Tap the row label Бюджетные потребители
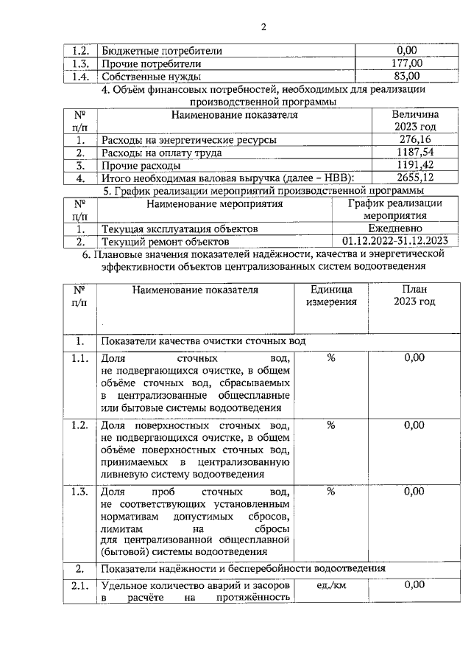[x=161, y=52]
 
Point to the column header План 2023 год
[x=414, y=296]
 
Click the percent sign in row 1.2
[x=331, y=425]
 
